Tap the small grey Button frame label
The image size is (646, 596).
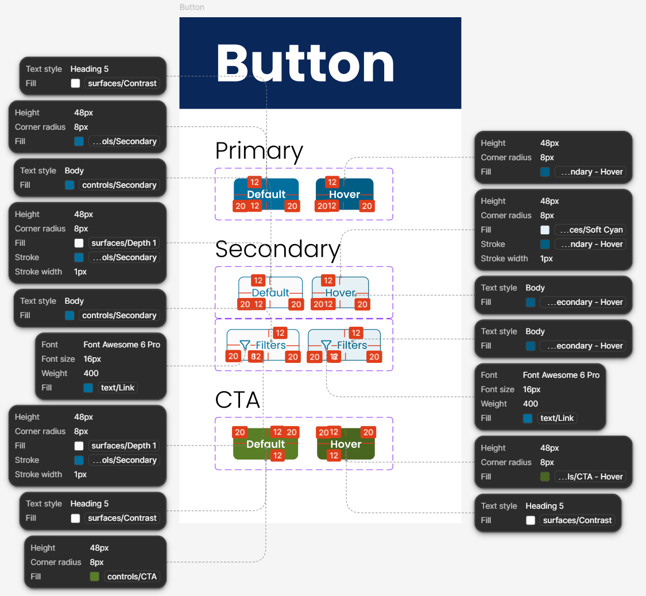(x=192, y=7)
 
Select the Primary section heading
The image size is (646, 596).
(x=259, y=150)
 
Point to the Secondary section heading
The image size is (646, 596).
(x=278, y=249)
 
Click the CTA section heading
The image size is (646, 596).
(x=237, y=400)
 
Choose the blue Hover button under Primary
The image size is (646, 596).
(x=345, y=194)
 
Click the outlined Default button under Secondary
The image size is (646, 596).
(x=270, y=292)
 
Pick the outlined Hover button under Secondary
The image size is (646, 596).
(x=341, y=292)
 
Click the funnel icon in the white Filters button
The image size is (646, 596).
(x=245, y=345)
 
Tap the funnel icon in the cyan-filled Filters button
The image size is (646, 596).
(x=326, y=345)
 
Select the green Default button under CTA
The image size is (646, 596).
(x=265, y=444)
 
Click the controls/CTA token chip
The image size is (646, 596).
(x=131, y=576)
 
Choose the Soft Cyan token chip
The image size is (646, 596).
(x=590, y=230)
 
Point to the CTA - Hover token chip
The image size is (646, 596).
(x=590, y=477)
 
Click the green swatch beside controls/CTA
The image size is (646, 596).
(x=95, y=576)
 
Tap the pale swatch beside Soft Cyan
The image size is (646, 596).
(x=545, y=230)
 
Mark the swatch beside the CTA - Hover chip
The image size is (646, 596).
(x=545, y=477)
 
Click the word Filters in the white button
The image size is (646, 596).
(x=271, y=345)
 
